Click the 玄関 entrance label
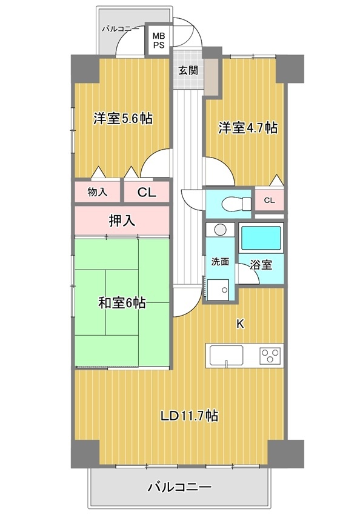point(188,70)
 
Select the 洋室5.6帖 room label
point(123,119)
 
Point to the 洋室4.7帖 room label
point(248,128)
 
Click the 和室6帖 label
point(122,303)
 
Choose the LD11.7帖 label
point(189,416)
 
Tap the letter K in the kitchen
point(241,324)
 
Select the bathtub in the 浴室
point(261,238)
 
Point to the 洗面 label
point(220,262)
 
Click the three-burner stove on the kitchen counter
point(271,355)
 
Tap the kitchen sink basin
point(227,356)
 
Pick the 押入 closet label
point(122,221)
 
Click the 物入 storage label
point(97,192)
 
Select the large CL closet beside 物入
point(147,192)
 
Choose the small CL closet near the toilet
point(269,200)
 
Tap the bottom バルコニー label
point(179,487)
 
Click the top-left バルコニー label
point(120,29)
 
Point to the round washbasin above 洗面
point(220,229)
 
